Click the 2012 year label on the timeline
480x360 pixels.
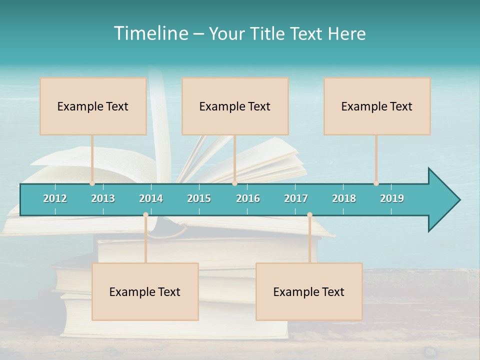click(x=55, y=198)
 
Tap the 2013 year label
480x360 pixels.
click(x=103, y=198)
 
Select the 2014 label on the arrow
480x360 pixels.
click(x=151, y=198)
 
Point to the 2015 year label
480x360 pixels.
click(x=199, y=198)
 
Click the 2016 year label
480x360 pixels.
click(x=248, y=198)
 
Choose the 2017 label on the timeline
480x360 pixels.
click(x=296, y=198)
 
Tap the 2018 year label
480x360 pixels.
click(x=344, y=198)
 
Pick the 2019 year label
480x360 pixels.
click(x=392, y=198)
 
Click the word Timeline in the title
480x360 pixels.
click(x=150, y=33)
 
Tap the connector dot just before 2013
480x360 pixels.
click(x=92, y=183)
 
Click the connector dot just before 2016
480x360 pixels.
click(x=234, y=183)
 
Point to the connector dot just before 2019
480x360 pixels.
click(x=376, y=183)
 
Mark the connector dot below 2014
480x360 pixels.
click(x=145, y=215)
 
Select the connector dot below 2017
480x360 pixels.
click(x=309, y=215)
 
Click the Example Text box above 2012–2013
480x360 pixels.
click(x=93, y=106)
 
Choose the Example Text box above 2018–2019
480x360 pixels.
click(x=377, y=106)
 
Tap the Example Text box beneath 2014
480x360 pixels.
click(x=145, y=291)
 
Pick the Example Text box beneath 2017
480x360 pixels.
click(x=309, y=291)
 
